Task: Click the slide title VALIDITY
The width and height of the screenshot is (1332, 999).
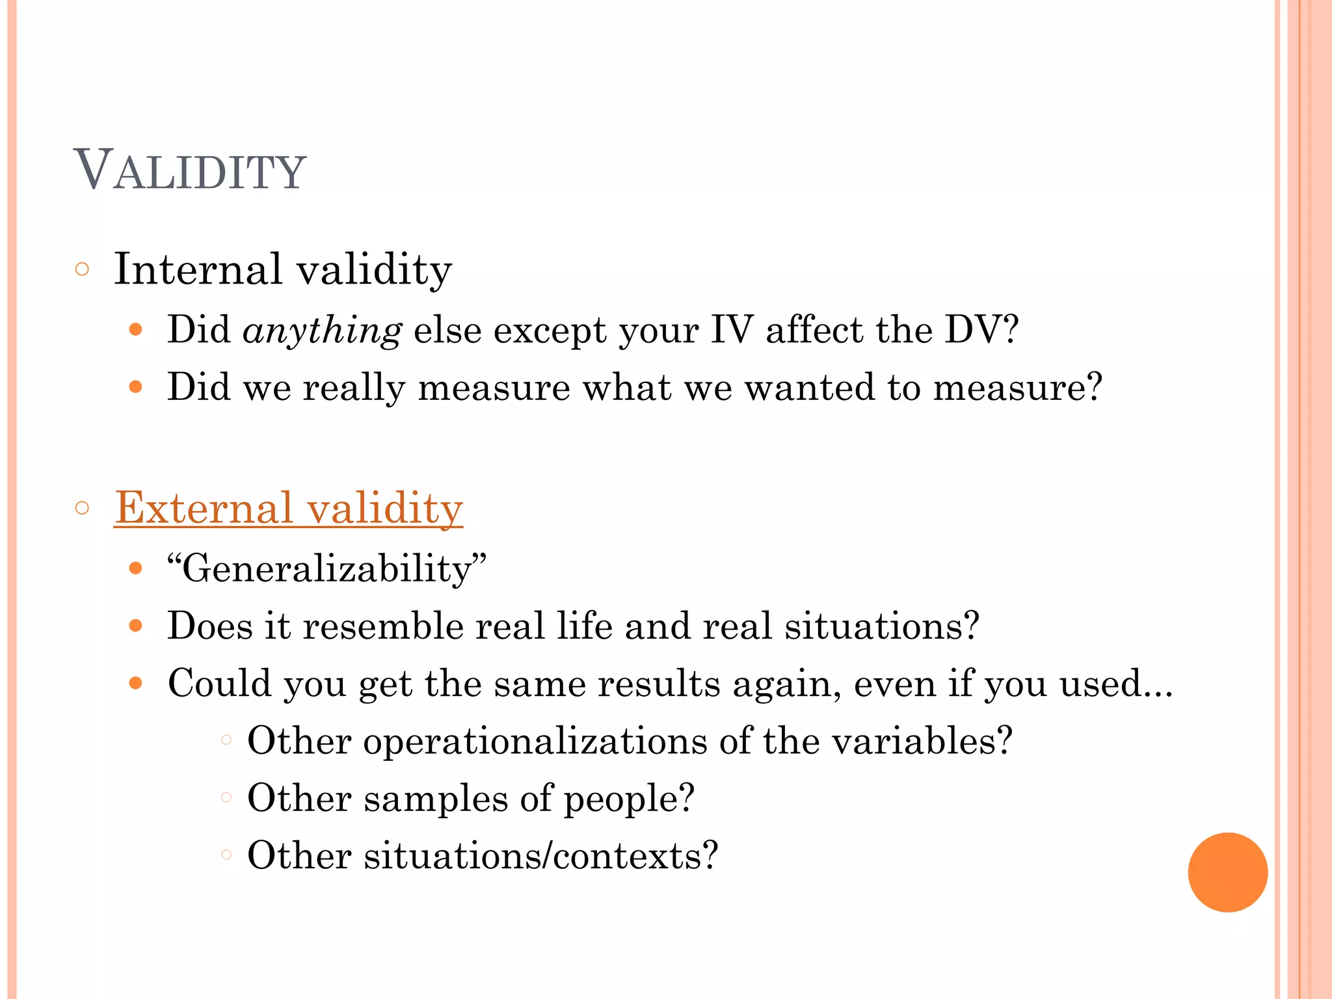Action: pos(189,170)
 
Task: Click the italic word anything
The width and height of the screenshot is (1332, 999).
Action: pos(322,330)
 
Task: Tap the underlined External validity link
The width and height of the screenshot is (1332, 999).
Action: pos(288,508)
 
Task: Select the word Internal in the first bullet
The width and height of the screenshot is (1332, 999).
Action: pos(198,269)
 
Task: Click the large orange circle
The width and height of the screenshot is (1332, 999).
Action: pos(1227,872)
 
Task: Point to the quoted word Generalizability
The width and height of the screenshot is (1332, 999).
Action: pos(326,569)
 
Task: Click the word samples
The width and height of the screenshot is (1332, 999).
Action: pos(435,798)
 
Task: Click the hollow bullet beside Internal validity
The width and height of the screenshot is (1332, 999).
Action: pos(82,269)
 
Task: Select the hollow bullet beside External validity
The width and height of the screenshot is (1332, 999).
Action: pos(82,508)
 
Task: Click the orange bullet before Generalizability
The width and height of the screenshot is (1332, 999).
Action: pos(135,569)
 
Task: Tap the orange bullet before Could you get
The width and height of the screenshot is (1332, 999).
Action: pos(135,684)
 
